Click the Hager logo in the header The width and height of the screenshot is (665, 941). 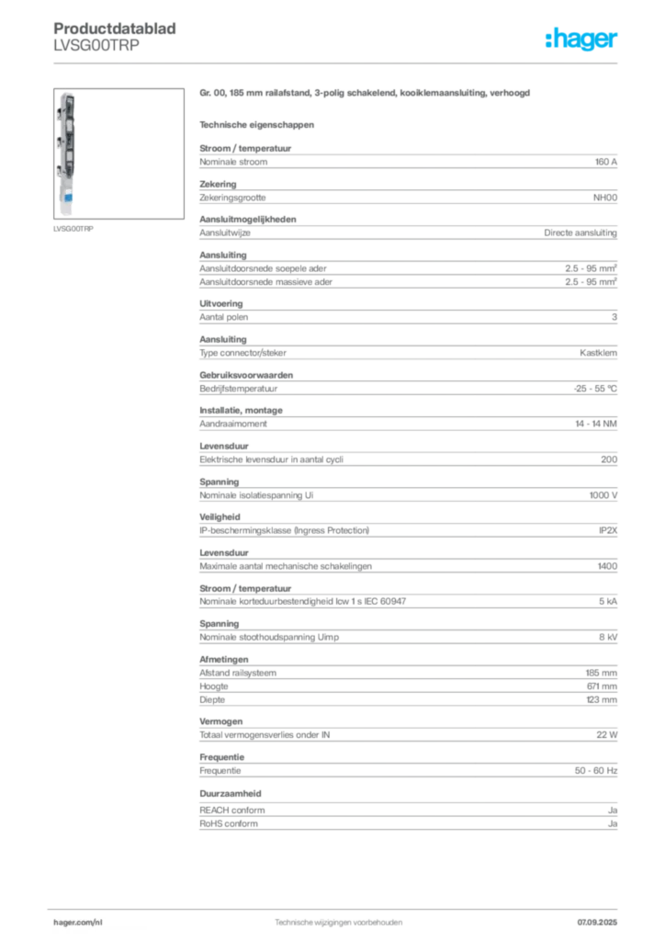[581, 39]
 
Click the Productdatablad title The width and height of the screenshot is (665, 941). [115, 28]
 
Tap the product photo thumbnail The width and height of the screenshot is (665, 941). [118, 153]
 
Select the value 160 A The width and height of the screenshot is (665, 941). [605, 162]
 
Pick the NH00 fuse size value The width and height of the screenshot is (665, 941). [605, 198]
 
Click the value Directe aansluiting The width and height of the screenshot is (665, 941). [580, 232]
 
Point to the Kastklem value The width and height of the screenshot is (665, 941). [599, 353]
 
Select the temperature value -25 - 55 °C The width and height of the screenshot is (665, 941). [595, 389]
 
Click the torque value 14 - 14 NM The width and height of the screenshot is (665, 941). [596, 424]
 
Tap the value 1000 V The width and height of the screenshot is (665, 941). [603, 495]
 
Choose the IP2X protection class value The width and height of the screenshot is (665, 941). [608, 530]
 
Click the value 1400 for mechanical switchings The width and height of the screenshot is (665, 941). [607, 566]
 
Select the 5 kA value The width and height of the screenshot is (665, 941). [608, 601]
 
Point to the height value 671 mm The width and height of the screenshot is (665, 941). [602, 686]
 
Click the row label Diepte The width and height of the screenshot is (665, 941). [212, 699]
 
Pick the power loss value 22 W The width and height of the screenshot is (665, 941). [607, 734]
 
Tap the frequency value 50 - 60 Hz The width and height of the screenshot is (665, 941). [596, 771]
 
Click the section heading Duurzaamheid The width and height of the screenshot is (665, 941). [231, 793]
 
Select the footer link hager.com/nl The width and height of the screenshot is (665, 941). [78, 923]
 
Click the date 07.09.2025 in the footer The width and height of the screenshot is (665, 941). [597, 923]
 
